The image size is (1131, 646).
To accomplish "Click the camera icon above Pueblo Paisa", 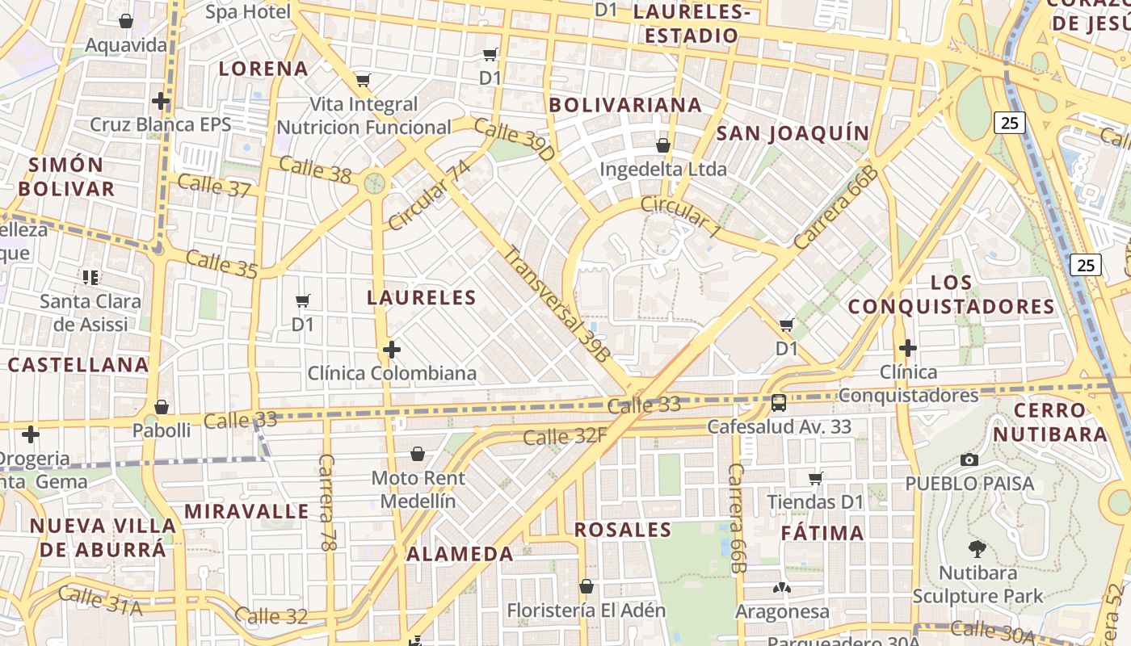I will tap(969, 460).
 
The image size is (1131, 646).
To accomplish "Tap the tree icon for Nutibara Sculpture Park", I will tap(978, 550).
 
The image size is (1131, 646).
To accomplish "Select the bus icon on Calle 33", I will tap(779, 402).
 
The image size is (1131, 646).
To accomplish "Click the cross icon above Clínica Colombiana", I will tap(392, 350).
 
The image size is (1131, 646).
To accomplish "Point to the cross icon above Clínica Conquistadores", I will tap(908, 348).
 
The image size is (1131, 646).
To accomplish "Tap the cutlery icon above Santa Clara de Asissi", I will tap(90, 278).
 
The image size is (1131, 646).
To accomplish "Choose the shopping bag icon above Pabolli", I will tap(162, 407).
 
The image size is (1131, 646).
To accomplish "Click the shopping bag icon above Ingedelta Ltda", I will tap(663, 145).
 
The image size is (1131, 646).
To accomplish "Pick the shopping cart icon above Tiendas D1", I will tap(816, 478).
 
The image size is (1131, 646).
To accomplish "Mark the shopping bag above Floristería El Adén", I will tap(587, 586).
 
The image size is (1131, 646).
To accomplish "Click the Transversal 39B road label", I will tap(557, 302).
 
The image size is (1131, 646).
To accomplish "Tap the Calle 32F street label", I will tap(565, 437).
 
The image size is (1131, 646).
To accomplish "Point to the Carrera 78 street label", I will tap(326, 502).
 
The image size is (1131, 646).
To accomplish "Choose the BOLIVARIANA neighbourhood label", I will tap(625, 105).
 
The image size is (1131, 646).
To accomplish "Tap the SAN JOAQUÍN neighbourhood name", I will tap(793, 133).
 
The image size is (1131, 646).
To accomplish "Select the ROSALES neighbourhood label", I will tap(623, 530).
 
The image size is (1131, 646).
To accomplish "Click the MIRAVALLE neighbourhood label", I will tap(246, 511).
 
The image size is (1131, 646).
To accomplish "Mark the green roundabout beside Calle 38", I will tap(374, 183).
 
